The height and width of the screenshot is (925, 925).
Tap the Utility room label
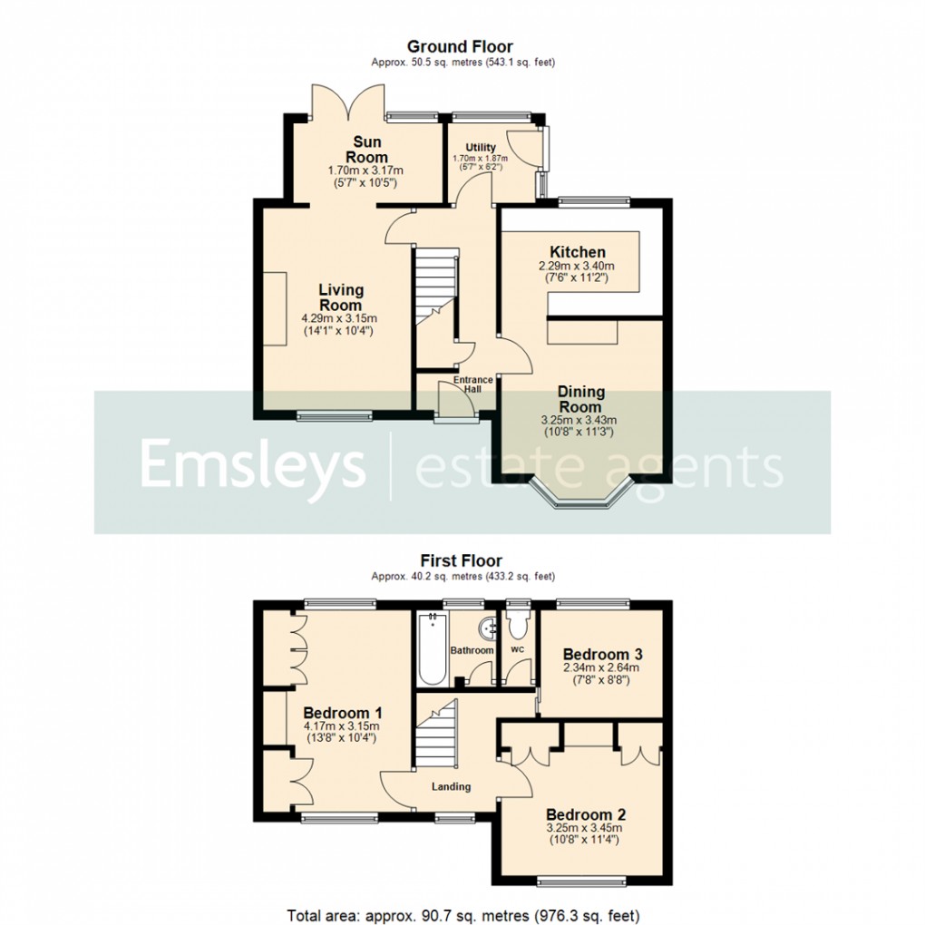pos(481,147)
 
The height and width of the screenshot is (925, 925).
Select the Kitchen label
pos(578,251)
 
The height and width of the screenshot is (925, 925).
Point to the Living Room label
pos(340,297)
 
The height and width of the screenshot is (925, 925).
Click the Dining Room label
pos(580,400)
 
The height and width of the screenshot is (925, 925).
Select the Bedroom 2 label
pos(585,813)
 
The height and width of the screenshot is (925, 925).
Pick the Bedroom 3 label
pos(596,654)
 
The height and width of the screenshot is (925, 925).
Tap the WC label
pos(517,650)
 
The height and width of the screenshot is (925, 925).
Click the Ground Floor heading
pos(460,46)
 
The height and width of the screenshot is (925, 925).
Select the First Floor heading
pos(460,560)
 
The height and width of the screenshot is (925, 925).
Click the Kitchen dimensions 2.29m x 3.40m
pos(578,266)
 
